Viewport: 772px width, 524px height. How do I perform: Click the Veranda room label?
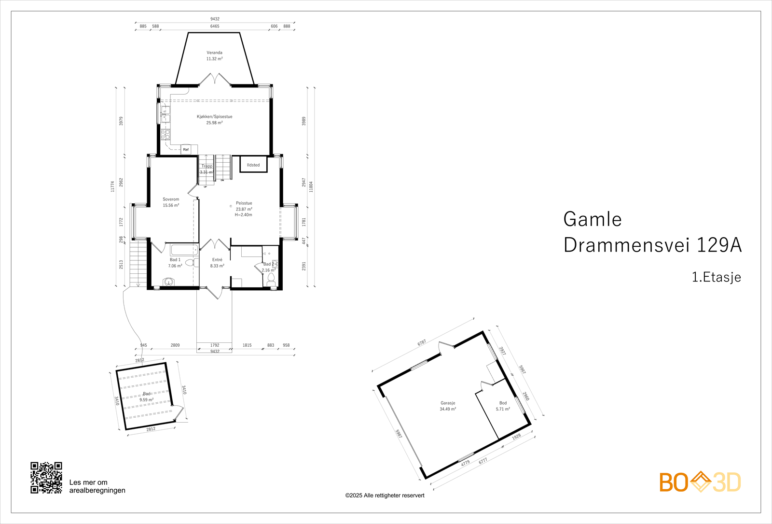point(214,53)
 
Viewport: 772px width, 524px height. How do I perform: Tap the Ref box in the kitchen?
point(186,150)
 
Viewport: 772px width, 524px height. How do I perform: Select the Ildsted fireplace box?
point(253,165)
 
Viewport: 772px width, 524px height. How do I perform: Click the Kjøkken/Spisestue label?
point(214,116)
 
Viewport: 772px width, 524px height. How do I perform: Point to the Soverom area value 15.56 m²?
point(171,205)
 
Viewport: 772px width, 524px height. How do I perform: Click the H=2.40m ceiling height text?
point(244,215)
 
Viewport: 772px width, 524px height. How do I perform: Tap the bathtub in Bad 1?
point(184,250)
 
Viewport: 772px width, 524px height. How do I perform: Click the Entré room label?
point(217,260)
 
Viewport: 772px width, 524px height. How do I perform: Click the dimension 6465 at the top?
point(215,26)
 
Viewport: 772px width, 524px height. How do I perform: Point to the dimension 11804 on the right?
point(311,186)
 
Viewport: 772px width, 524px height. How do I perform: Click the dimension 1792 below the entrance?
point(215,345)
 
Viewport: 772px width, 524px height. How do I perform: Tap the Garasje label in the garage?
point(448,403)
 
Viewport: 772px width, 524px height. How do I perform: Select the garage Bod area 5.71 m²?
point(503,409)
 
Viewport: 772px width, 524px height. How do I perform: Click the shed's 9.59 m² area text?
point(147,400)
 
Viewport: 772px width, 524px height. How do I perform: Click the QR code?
point(46,478)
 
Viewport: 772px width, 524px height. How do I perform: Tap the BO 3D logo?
point(700,482)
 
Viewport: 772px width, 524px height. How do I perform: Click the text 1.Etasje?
point(716,277)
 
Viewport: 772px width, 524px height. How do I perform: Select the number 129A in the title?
point(718,245)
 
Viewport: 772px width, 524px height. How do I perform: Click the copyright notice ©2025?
point(385,496)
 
